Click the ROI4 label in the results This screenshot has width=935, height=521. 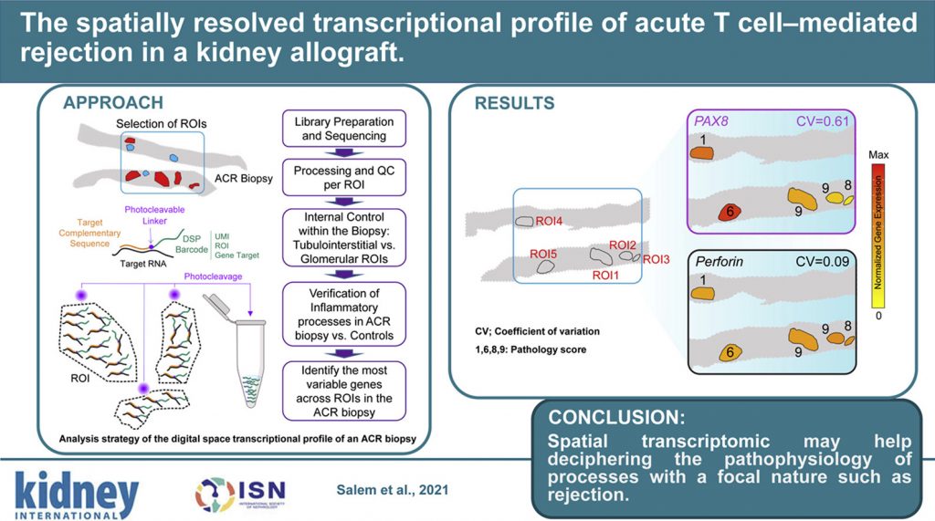(548, 222)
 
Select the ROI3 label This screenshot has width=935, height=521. (657, 259)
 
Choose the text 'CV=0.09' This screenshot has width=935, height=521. (823, 263)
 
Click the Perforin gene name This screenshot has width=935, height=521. (720, 263)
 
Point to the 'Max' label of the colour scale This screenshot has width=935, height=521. (881, 155)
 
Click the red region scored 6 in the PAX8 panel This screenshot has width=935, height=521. (727, 212)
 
